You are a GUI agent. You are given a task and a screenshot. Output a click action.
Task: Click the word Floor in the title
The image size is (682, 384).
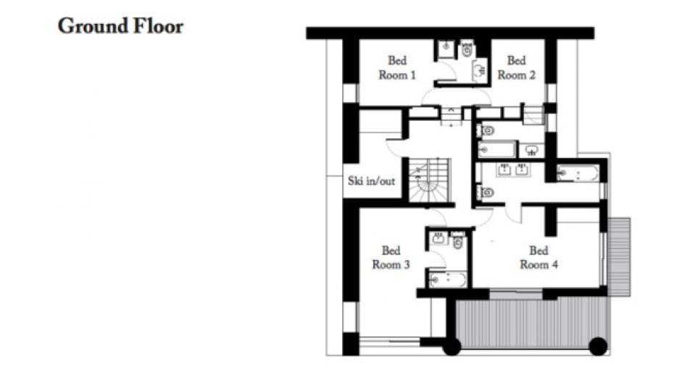point(158,26)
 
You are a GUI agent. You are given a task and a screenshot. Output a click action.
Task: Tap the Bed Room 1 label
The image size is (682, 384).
point(397,67)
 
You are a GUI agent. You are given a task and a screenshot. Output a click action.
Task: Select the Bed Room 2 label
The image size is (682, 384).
point(516,67)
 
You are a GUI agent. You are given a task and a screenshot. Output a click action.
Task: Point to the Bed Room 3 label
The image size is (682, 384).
point(391,257)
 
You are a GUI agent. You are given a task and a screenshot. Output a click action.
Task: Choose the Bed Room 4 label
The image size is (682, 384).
point(538,257)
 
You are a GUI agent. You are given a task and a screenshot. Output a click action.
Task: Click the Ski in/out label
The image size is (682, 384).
point(371,181)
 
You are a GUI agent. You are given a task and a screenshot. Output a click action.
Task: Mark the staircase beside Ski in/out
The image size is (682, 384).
point(429,180)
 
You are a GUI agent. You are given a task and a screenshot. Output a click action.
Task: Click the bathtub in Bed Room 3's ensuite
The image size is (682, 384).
point(448,280)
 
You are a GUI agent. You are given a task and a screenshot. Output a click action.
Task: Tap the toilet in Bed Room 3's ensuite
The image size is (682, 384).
point(457,241)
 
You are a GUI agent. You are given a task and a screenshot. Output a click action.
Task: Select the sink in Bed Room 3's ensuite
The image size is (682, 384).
point(438,238)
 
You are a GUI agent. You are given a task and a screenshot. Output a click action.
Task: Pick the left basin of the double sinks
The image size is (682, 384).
point(504,169)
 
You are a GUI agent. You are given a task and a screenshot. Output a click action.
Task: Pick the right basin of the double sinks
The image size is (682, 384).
point(522,169)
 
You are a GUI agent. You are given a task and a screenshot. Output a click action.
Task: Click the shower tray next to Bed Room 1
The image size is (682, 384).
point(446,49)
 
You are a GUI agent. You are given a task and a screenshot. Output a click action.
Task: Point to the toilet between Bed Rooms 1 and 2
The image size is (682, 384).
point(467,50)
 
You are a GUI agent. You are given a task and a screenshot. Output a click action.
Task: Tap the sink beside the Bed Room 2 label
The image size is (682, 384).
point(479,70)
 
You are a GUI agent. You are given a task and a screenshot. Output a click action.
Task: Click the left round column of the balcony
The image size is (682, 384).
point(452,346)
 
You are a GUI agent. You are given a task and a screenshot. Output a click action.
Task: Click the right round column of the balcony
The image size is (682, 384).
point(598,346)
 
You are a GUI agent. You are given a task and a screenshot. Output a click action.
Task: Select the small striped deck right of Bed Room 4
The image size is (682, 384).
point(619,257)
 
